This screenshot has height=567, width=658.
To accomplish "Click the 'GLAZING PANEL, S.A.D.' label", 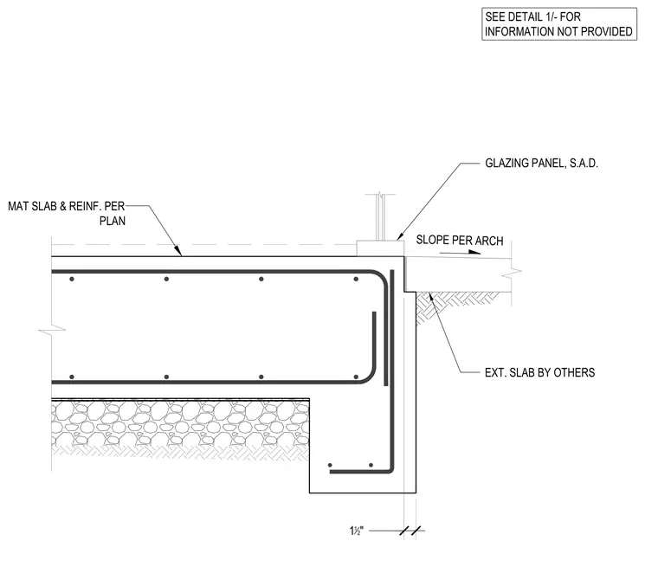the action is click(541, 164).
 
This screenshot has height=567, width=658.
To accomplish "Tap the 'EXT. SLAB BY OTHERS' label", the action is click(539, 373).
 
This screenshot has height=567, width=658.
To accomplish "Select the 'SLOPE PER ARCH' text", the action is click(460, 241).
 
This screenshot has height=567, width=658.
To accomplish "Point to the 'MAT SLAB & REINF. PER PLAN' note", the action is click(67, 214).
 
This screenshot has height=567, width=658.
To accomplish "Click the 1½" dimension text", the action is click(357, 531).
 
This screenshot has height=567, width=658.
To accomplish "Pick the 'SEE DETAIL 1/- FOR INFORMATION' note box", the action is click(559, 24).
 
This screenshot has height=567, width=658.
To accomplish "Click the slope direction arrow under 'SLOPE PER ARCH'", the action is click(460, 252).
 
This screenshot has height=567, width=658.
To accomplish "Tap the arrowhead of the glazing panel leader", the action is click(399, 236).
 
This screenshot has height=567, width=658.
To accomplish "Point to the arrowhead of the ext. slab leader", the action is click(429, 296).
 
